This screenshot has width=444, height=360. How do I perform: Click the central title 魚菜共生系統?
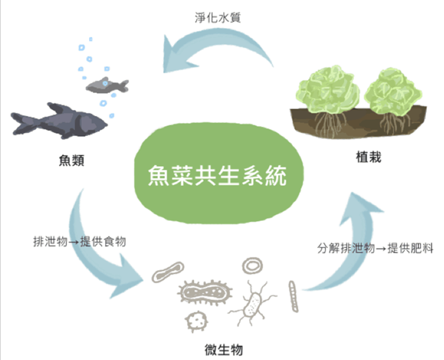pos(218,176)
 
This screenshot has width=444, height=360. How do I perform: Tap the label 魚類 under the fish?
pos(72,160)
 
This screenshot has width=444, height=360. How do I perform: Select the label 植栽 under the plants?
pos(369,157)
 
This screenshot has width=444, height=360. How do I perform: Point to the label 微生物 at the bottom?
pos(224,350)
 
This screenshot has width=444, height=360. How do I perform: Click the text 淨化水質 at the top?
pos(218,18)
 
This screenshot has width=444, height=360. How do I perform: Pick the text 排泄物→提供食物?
pos(79,242)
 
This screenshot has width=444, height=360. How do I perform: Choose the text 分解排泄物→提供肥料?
pos(375,248)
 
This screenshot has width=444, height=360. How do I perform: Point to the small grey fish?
pos(107,85)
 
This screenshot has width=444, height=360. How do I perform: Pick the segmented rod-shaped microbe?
pos(294,296)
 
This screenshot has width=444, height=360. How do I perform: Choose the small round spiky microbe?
pos(196,321)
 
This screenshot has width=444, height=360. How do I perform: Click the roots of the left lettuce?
pos(330,124)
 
